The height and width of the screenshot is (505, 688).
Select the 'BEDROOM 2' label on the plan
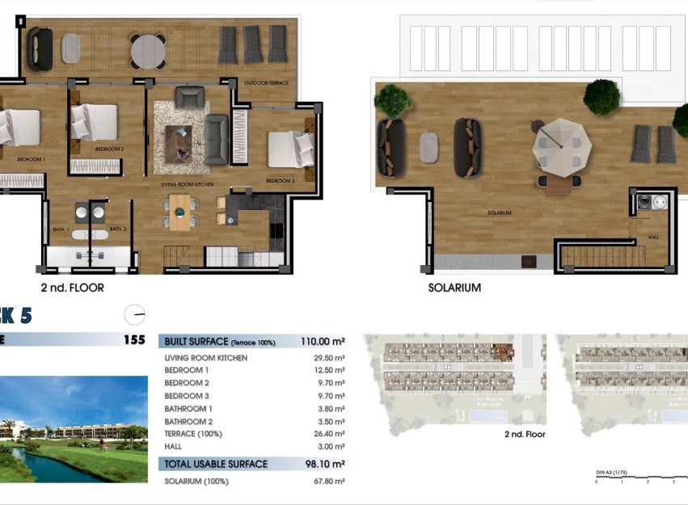pos(109,149)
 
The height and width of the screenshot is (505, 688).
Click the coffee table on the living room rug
pos(179,139)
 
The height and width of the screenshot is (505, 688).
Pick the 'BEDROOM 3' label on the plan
pos(280,181)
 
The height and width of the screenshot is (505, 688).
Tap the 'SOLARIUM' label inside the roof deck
pos(499,213)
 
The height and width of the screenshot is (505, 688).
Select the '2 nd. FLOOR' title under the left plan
pos(72,288)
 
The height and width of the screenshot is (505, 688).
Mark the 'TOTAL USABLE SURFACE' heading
pos(216,464)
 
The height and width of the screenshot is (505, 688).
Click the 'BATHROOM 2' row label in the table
pos(188,421)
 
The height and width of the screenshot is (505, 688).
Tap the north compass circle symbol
pos(135,314)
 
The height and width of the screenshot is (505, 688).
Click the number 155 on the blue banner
pos(134,340)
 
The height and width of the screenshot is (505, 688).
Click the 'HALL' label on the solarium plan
pos(654,238)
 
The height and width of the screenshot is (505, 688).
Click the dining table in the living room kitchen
pos(179,212)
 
